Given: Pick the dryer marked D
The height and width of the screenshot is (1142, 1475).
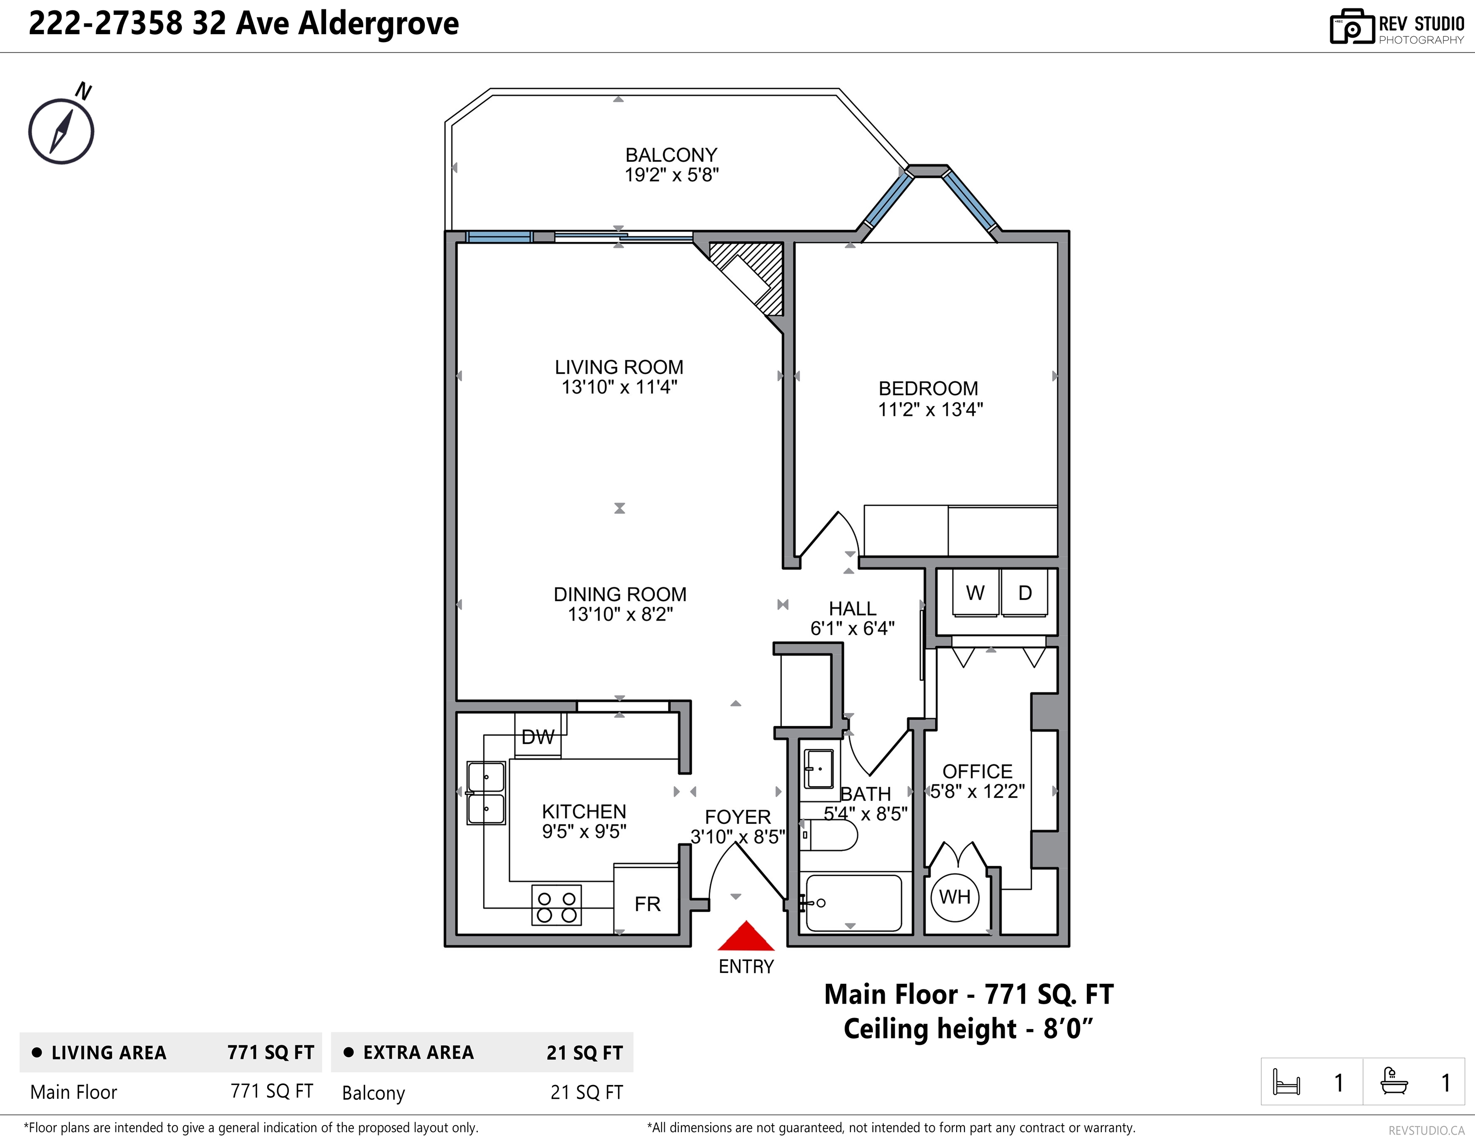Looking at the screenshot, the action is tap(1024, 592).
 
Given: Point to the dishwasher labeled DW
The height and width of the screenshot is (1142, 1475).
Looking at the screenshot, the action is tap(538, 736).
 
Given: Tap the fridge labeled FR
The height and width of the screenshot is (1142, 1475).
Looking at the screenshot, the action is tap(646, 901).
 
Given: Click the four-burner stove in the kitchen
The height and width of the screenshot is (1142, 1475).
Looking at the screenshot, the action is tap(557, 904).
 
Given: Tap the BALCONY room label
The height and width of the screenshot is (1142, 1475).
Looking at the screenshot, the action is tap(671, 155).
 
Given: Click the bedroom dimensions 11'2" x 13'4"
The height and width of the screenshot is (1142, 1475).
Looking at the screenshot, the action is tap(930, 409).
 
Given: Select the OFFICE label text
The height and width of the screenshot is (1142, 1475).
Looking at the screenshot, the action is tap(977, 771).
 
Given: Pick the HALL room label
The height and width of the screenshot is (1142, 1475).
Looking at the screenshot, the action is tap(852, 609).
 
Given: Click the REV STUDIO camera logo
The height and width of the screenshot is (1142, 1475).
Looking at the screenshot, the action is tap(1352, 27).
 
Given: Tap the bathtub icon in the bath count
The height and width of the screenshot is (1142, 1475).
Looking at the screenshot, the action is tap(1394, 1081).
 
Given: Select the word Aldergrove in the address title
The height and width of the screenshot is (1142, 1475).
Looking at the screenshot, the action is tap(378, 24).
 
